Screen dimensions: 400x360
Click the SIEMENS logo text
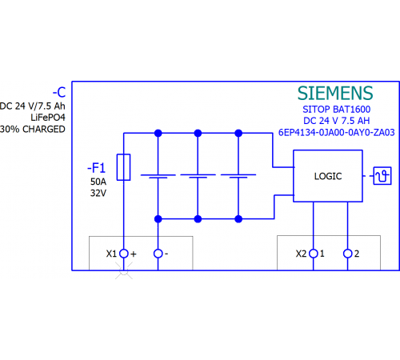coord(335,93)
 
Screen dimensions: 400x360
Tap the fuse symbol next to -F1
coord(123,167)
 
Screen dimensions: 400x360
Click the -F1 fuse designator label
coord(96,168)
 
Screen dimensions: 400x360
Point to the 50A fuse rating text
coord(98,182)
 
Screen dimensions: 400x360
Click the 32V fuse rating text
coord(98,193)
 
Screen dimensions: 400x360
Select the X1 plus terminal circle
coord(124,254)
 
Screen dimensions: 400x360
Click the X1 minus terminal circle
coord(158,254)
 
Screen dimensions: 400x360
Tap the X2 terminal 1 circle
coord(314,254)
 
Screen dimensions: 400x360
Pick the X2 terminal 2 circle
coord(347,254)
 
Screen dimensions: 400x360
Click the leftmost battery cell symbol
coord(158,176)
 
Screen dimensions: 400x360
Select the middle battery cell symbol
coord(198,176)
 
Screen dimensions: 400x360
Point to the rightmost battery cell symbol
coord(238,176)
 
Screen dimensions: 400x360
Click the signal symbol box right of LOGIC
coord(382,176)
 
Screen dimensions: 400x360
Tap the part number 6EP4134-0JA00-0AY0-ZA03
coord(337,132)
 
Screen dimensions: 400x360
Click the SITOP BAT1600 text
coord(337,109)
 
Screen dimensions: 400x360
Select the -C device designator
coord(59,93)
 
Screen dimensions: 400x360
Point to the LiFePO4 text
coord(48,118)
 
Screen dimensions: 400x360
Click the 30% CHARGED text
coord(33,129)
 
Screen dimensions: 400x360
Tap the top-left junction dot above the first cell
coord(158,133)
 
